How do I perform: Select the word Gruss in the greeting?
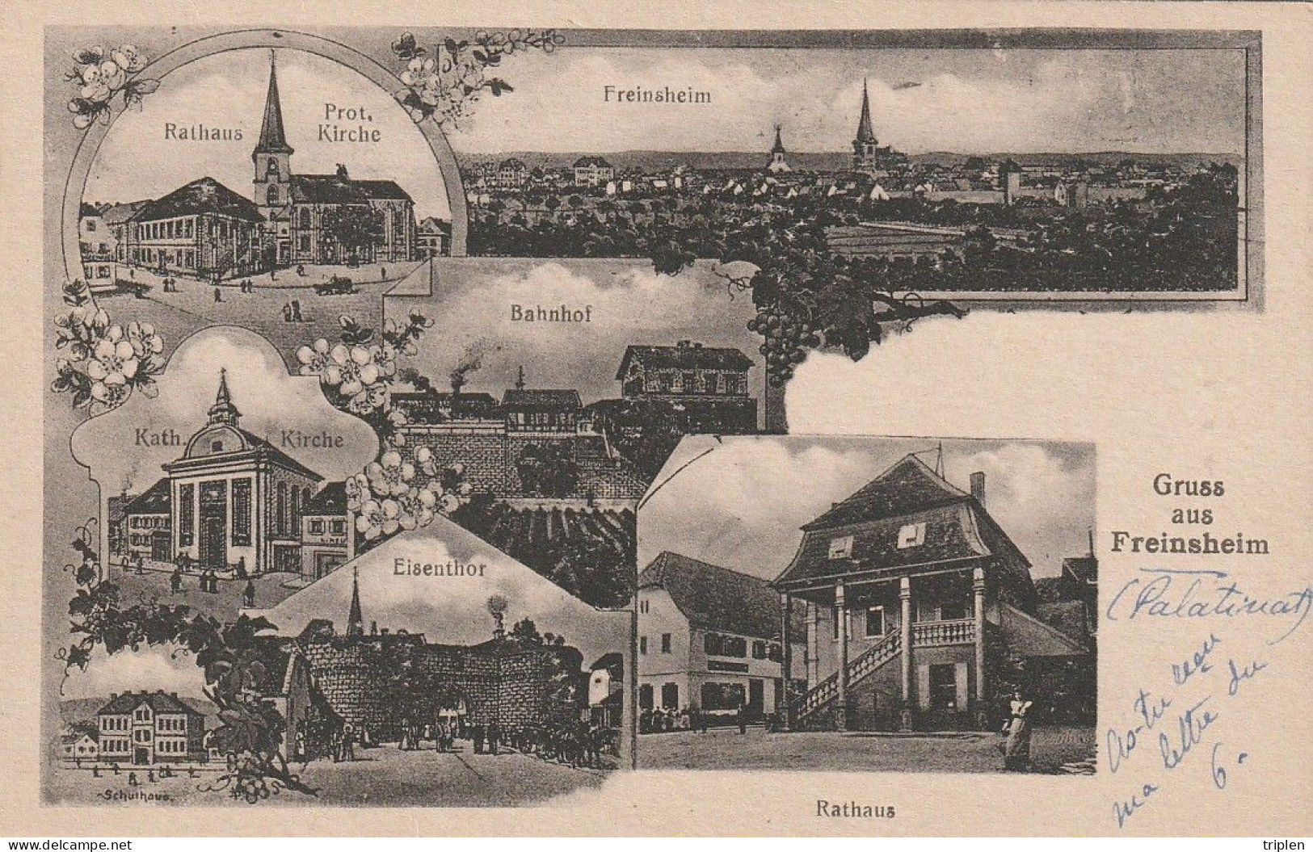[1189, 488]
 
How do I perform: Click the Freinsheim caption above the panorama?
[657, 95]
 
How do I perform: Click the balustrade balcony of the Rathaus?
[943, 631]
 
